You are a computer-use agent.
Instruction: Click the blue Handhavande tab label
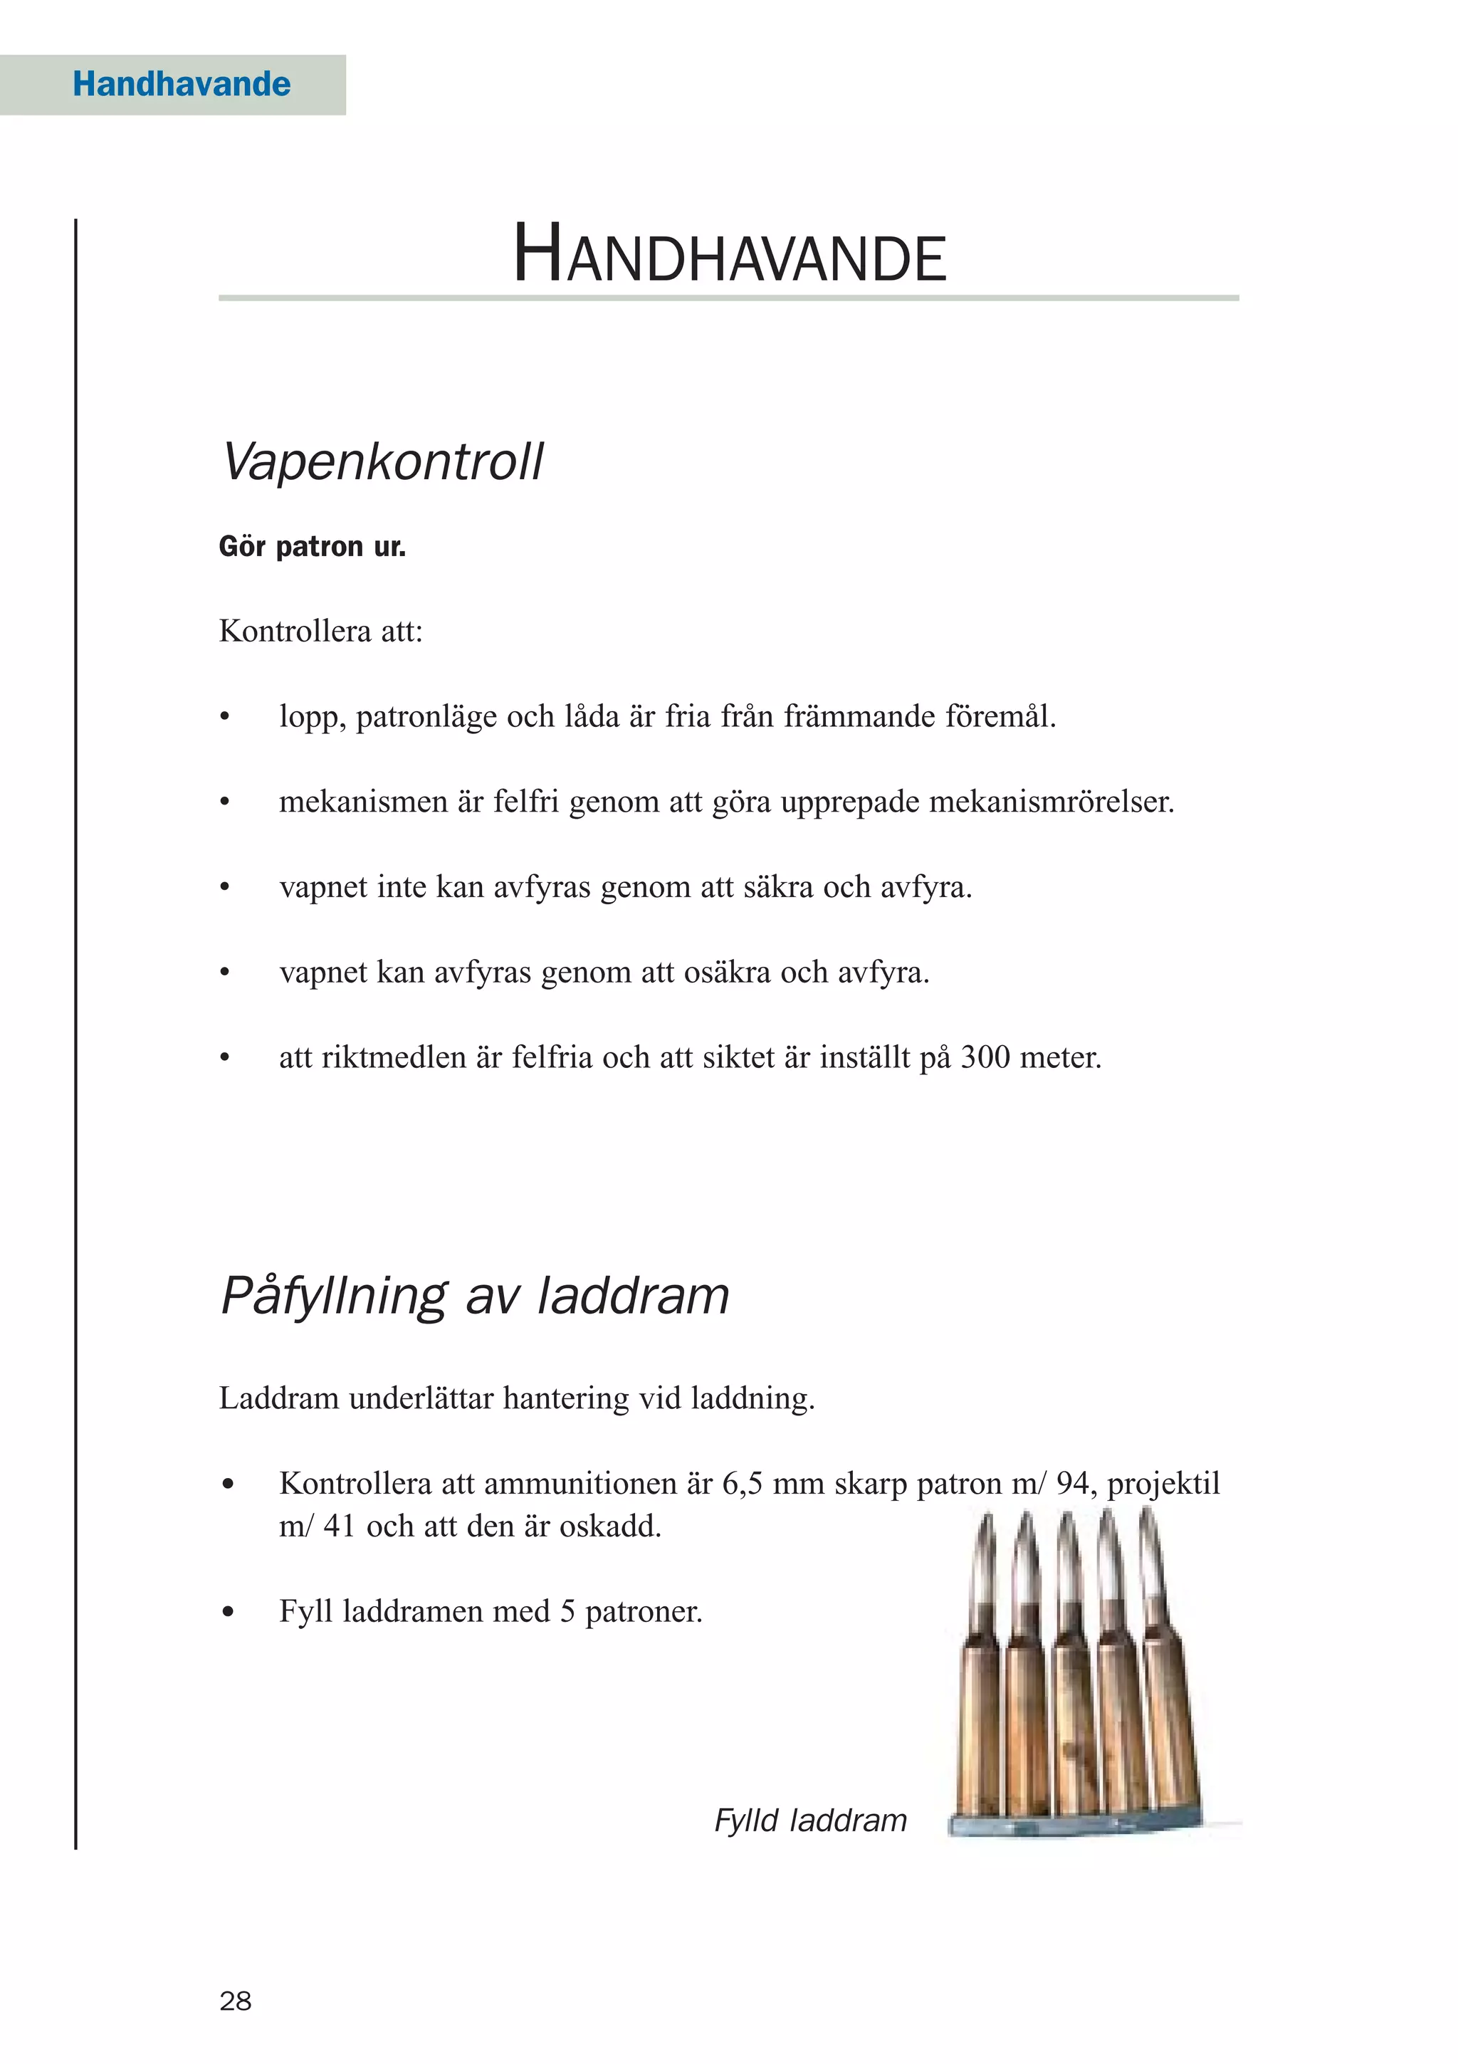(182, 85)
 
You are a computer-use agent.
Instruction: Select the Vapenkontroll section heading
(382, 462)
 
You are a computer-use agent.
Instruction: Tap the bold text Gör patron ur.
(312, 547)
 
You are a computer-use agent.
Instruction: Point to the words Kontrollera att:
(320, 631)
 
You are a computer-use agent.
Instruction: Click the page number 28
(236, 2001)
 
